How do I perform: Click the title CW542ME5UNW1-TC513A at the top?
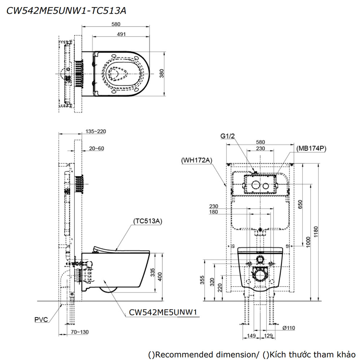66,11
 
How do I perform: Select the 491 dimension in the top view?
121,34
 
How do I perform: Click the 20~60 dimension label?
96,148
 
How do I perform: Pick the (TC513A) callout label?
147,221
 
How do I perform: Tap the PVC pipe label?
40,319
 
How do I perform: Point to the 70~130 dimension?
79,332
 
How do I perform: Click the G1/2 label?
227,136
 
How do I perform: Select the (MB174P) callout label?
311,148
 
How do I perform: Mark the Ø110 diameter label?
289,328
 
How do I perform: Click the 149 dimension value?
251,336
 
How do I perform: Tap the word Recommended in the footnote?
183,354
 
